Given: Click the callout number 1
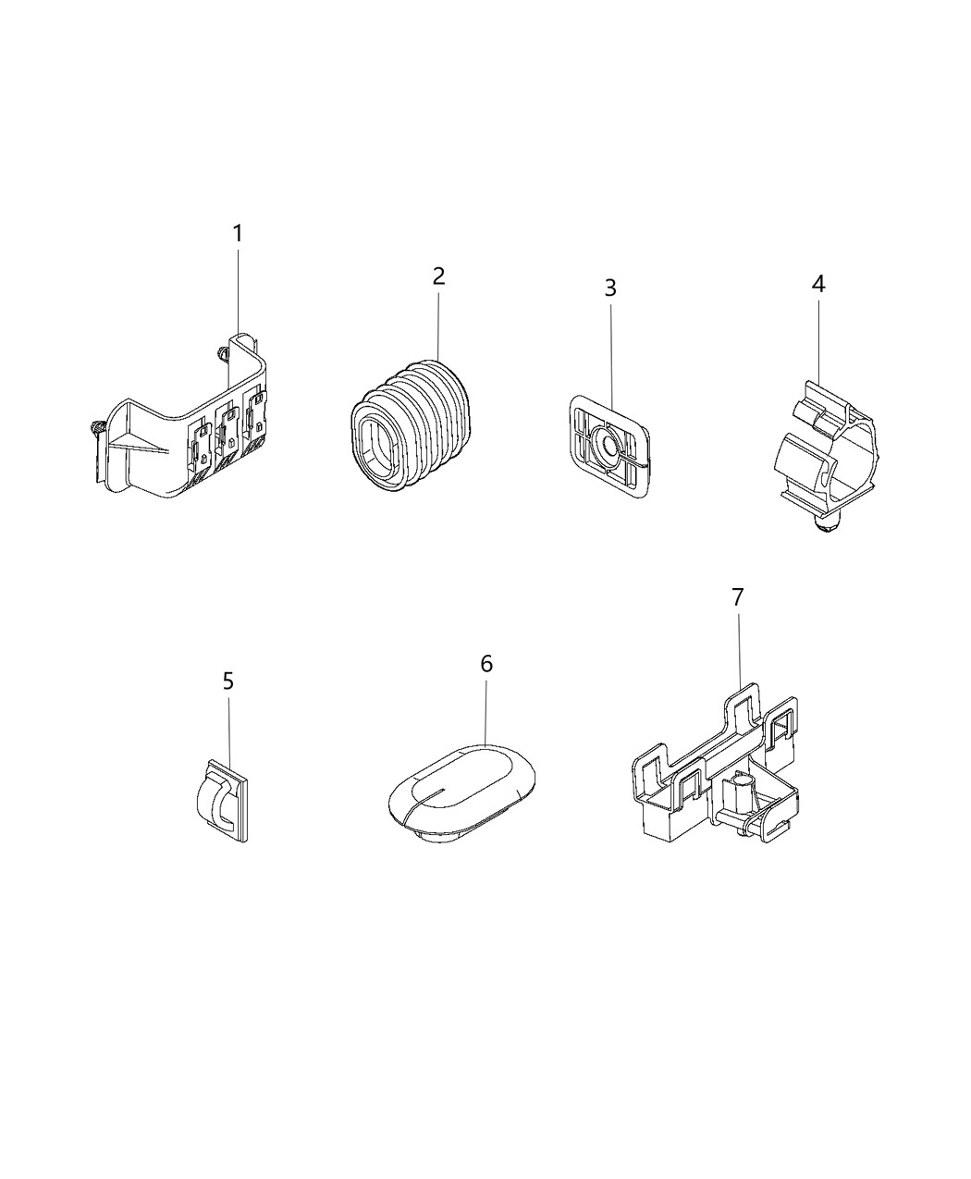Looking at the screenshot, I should [238, 234].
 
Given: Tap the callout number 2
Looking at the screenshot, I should [438, 276].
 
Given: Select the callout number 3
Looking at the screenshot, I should [610, 288].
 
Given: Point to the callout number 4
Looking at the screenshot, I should [818, 284].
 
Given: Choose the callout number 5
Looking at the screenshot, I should [228, 682].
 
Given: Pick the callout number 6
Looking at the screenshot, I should [486, 664].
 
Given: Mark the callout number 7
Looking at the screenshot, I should [737, 598].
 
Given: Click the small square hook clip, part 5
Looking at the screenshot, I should [222, 800].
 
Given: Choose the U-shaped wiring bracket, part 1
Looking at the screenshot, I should [185, 435].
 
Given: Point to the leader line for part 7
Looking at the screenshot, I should [739, 647].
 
